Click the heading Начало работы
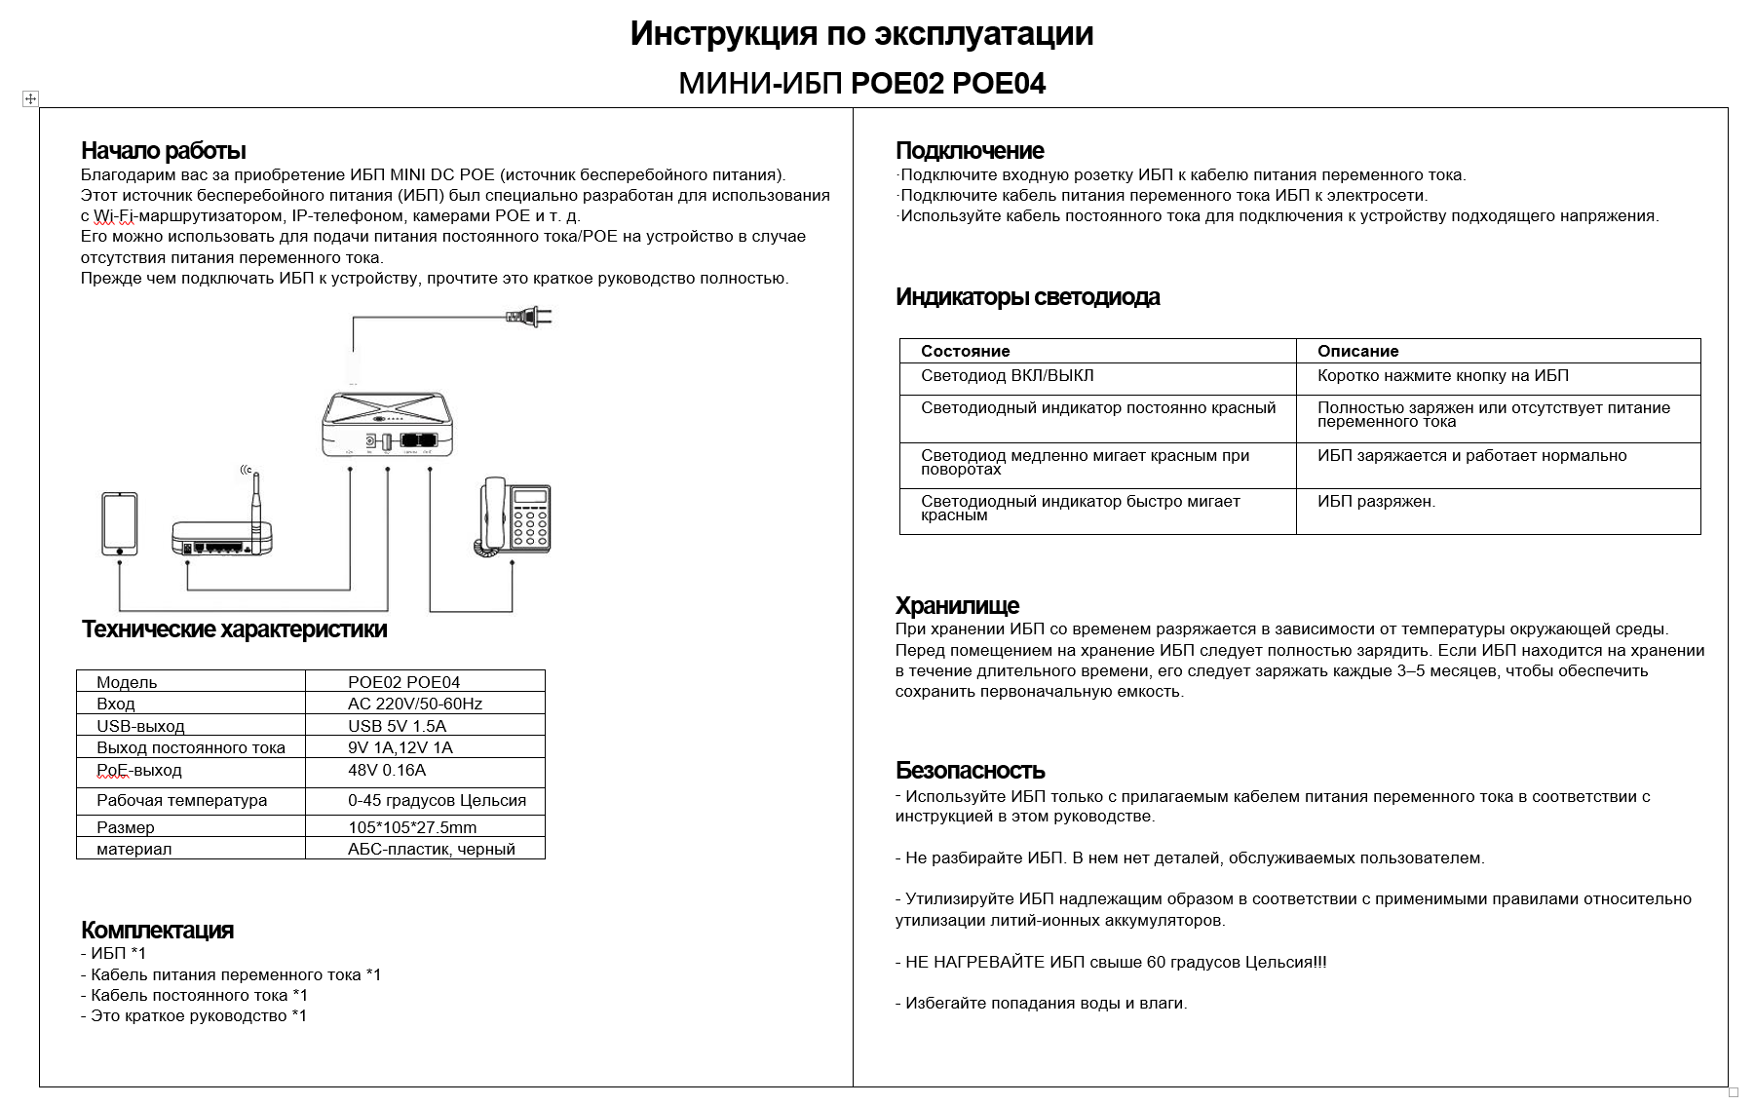pos(163,150)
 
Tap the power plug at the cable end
pos(530,316)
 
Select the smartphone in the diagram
pos(120,524)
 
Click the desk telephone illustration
pos(514,516)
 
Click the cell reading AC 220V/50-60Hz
pos(415,704)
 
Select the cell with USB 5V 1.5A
pos(397,726)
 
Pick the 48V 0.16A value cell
pos(387,770)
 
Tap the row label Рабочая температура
pos(181,800)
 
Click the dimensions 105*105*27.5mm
pos(412,827)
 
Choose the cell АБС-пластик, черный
pos(432,849)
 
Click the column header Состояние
pos(965,351)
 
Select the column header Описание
pos(1357,351)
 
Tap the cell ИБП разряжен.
pos(1376,502)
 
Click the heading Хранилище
pos(957,605)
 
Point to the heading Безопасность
pos(970,770)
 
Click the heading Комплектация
pos(157,930)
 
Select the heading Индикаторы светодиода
pos(1027,297)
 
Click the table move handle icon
pos(30,98)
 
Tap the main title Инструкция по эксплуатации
pos(861,34)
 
